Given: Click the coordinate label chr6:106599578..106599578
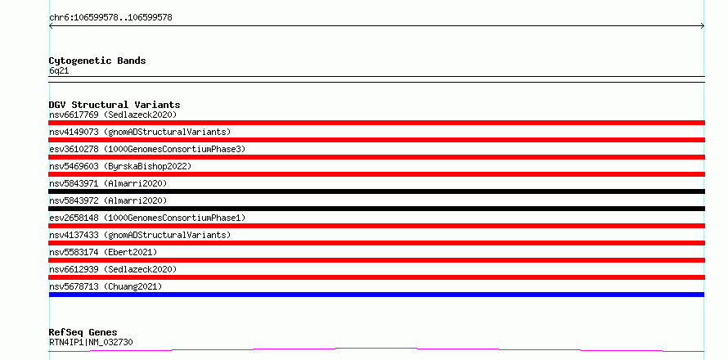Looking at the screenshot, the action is [x=110, y=18].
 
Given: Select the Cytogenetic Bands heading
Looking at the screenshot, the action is [x=97, y=61].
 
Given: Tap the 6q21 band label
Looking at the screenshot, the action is [x=59, y=71].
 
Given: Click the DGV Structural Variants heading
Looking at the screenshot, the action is [x=115, y=105].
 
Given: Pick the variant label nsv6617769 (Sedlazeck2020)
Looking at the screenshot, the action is [x=113, y=115].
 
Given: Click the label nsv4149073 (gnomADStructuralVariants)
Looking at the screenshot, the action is [x=140, y=132].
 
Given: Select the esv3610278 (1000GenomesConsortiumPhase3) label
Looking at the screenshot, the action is [x=147, y=149].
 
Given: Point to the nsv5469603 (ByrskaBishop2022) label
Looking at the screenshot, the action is [x=120, y=166].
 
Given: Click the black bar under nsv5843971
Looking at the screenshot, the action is [x=376, y=191].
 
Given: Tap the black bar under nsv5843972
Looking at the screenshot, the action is [x=376, y=209].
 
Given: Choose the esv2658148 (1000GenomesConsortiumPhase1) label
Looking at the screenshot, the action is [x=147, y=218].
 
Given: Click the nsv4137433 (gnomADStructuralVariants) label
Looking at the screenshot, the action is [x=140, y=235].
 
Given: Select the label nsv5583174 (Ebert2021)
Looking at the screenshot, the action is [x=103, y=252].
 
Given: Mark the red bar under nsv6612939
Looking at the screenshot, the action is [x=376, y=277].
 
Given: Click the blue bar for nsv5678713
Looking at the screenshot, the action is [x=376, y=295].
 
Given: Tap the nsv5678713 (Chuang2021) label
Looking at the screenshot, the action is [x=106, y=286].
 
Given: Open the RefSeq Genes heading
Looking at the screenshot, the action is [x=83, y=333].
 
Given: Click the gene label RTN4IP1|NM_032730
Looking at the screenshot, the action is [x=91, y=342].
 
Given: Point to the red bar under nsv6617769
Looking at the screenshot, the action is [x=376, y=123].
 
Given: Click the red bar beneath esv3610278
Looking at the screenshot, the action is [x=376, y=157].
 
